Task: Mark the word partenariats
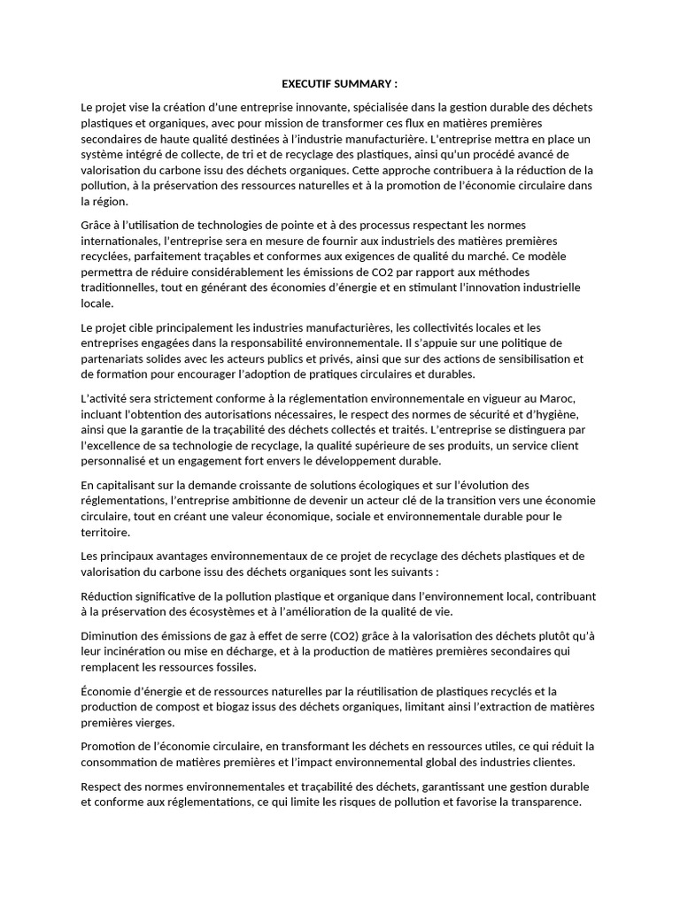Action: (x=114, y=358)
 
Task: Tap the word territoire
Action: (x=106, y=532)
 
